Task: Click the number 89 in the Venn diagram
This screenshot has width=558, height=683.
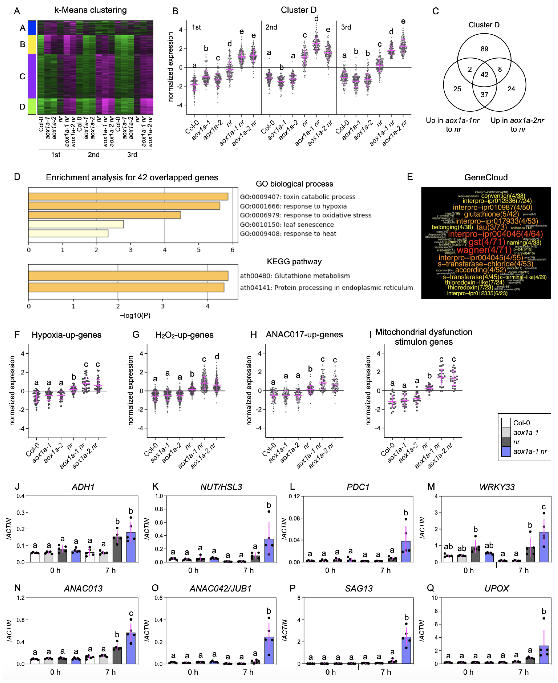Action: [484, 49]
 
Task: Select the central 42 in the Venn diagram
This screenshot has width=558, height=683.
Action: [484, 75]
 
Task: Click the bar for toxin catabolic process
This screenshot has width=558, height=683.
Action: [128, 196]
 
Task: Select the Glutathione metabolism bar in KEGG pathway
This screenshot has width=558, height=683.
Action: [128, 276]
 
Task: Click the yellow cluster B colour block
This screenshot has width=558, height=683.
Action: [32, 44]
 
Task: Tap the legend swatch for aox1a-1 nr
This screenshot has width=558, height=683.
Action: [506, 451]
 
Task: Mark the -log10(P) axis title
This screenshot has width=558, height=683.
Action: [135, 315]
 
